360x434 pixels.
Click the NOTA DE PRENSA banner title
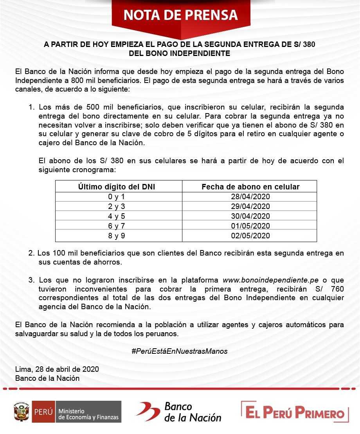coord(180,14)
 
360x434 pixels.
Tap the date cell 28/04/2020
coord(250,196)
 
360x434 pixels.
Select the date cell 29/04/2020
coord(250,206)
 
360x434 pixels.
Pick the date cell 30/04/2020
coord(250,216)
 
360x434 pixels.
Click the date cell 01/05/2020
coord(250,226)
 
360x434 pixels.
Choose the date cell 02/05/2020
coord(250,236)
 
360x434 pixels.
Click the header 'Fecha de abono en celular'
coord(250,187)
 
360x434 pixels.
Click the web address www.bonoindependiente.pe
coord(271,280)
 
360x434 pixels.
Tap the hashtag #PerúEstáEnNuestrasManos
coord(180,351)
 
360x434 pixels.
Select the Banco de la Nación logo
coord(179,412)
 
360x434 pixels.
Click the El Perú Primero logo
coord(295,412)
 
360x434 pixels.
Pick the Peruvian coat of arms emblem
coord(22,412)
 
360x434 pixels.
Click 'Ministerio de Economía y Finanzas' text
coord(88,414)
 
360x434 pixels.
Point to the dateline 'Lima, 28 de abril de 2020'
coord(57,369)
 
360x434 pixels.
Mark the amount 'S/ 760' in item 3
coord(332,289)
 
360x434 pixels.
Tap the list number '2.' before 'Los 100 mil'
coord(32,254)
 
